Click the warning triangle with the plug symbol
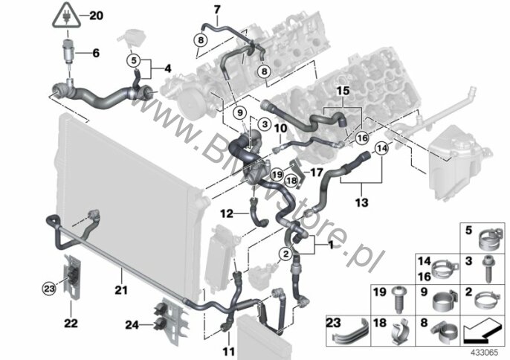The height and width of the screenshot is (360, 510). (67, 16)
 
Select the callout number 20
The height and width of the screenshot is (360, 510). (96, 16)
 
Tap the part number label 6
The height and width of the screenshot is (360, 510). (96, 53)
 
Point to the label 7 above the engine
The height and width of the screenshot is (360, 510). (217, 10)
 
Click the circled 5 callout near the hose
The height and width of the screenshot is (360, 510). (134, 60)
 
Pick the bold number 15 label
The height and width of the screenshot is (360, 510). (343, 91)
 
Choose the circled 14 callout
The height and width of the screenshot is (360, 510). (382, 149)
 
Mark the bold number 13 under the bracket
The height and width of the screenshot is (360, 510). (361, 202)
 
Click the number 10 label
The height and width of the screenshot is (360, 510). (280, 128)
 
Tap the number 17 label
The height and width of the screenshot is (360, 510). (316, 172)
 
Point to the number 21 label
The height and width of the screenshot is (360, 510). (121, 289)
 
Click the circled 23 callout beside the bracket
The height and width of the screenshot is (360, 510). (49, 289)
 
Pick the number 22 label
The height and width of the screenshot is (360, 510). (71, 324)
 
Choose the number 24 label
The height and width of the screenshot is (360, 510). (132, 324)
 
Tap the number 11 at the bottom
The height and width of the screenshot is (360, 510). (229, 352)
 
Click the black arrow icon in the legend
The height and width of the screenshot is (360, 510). (482, 331)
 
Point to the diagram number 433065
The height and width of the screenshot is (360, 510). (486, 353)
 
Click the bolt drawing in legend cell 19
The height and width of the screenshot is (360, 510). (399, 299)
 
